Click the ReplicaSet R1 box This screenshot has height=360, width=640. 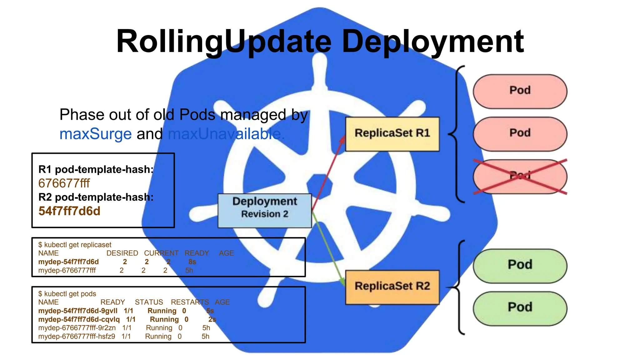click(392, 134)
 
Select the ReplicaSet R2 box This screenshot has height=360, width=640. click(392, 287)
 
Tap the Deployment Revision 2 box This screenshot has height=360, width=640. click(265, 210)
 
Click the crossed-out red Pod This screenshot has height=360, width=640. click(520, 177)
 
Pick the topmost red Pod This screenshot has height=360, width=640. click(520, 91)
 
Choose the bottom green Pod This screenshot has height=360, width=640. click(520, 308)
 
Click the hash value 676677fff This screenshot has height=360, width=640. click(64, 183)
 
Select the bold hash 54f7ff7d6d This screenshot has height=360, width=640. click(69, 211)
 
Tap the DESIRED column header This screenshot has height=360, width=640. click(122, 253)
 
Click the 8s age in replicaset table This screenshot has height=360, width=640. click(192, 262)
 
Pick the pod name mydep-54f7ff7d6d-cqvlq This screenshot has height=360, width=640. click(79, 319)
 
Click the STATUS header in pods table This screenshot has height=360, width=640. click(149, 302)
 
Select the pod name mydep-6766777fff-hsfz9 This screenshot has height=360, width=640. click(77, 337)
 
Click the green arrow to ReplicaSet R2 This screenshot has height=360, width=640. click(328, 247)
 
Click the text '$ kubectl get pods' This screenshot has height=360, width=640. click(67, 294)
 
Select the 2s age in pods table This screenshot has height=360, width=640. click(212, 319)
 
